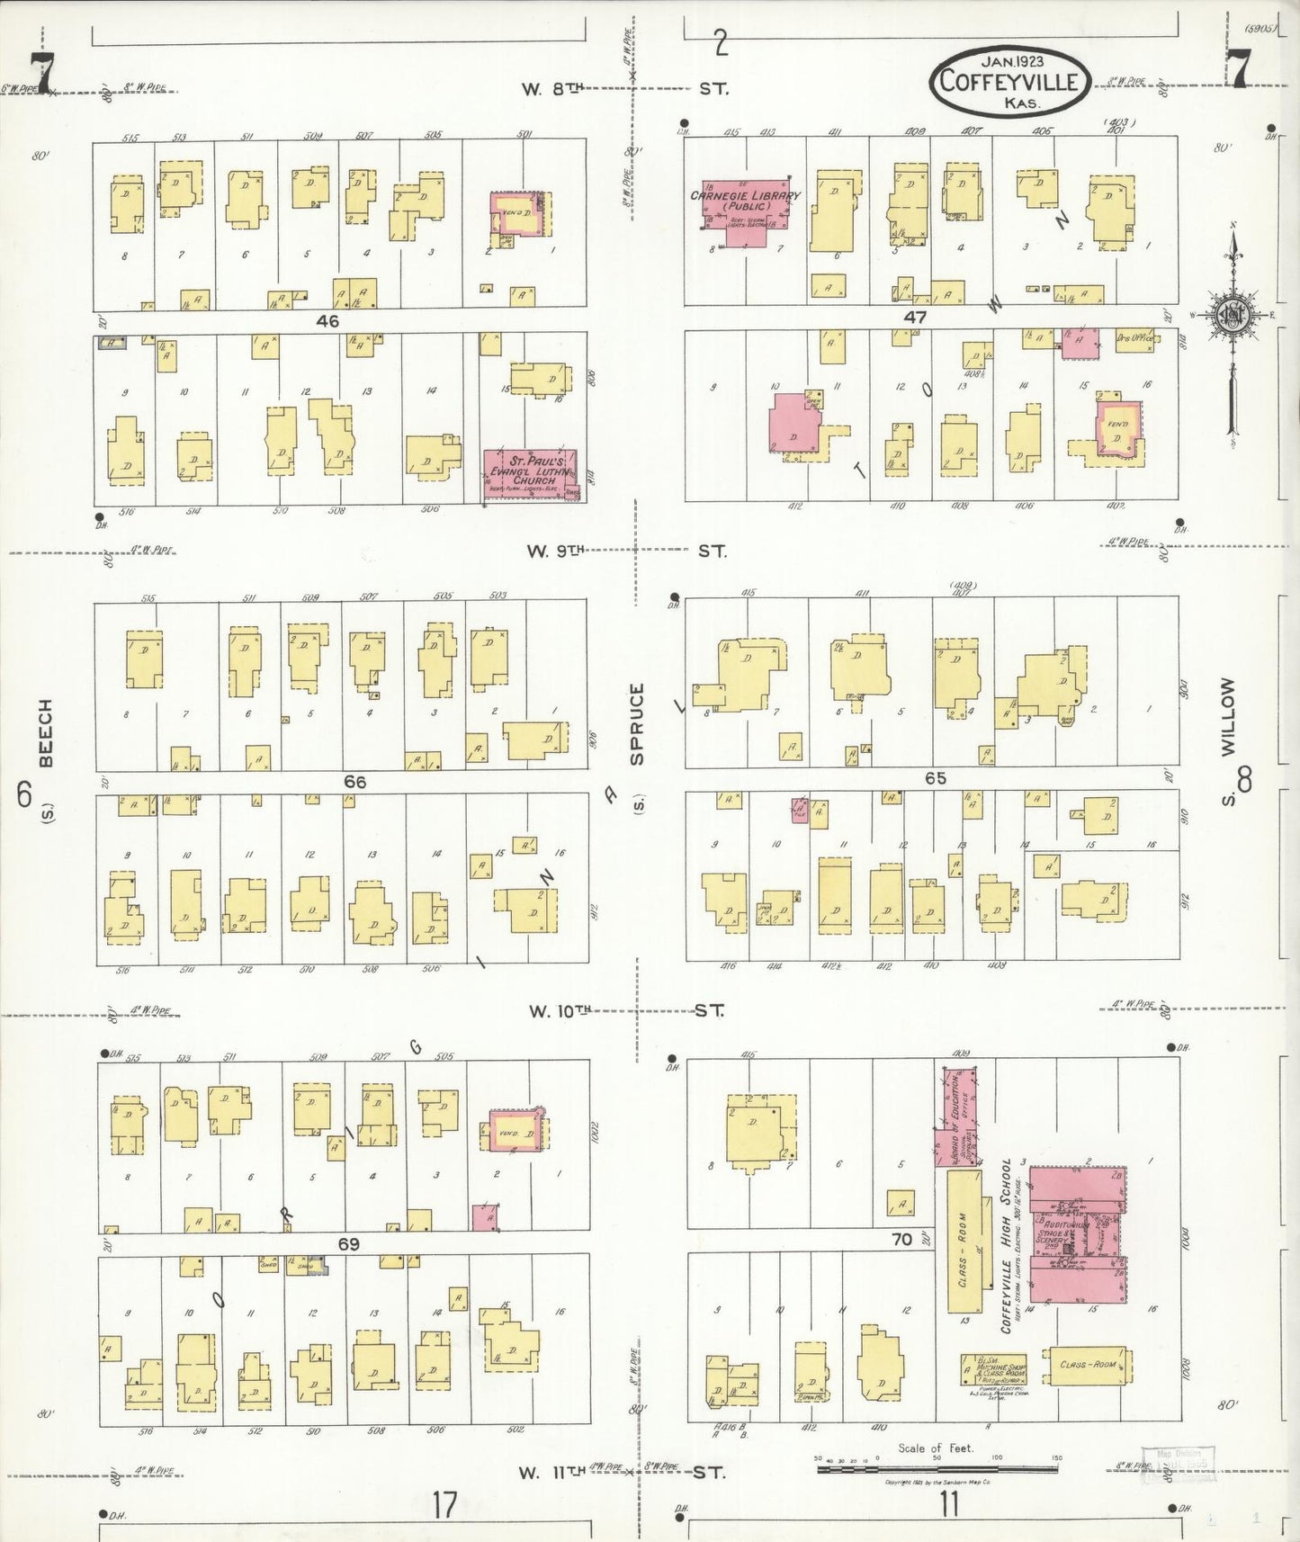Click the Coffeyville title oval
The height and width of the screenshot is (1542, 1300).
pos(1009,81)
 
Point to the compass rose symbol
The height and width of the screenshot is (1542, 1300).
pos(1232,315)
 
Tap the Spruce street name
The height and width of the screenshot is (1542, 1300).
pos(638,725)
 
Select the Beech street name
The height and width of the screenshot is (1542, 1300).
pos(45,733)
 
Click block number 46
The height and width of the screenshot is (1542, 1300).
pos(327,320)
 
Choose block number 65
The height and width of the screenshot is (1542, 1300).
pos(936,777)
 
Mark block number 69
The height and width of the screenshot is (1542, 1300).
pos(349,1244)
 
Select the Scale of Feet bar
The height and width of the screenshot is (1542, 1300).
pos(937,1469)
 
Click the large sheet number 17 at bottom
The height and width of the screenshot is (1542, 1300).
pos(444,1503)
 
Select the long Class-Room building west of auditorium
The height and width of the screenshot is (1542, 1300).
pos(963,1241)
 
